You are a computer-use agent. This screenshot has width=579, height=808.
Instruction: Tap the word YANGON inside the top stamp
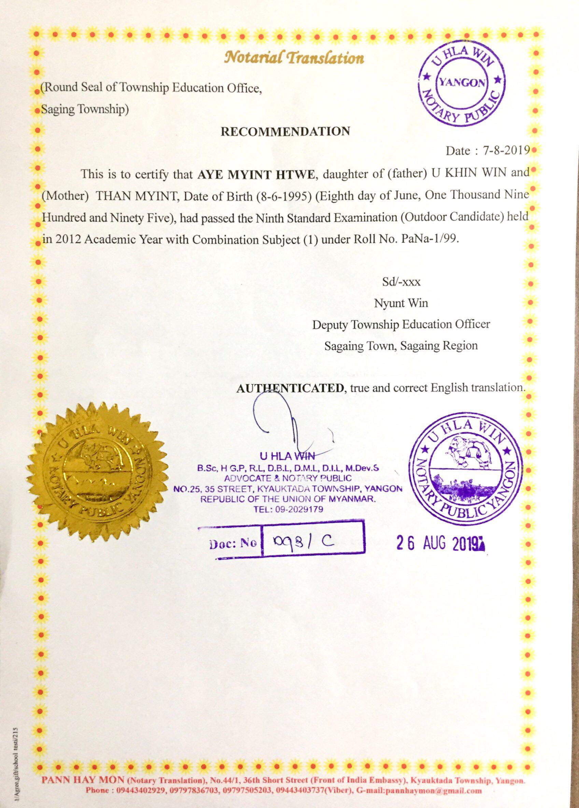462,83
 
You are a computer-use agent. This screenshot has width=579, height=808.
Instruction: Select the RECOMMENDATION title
285,131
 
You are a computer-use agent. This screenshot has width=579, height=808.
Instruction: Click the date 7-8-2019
506,151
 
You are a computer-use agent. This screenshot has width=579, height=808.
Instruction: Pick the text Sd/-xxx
401,282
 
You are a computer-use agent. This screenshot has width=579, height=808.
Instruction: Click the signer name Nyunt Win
401,303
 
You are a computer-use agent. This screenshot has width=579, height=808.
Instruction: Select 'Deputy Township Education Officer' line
401,324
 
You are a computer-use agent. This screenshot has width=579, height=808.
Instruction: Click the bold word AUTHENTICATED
290,388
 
